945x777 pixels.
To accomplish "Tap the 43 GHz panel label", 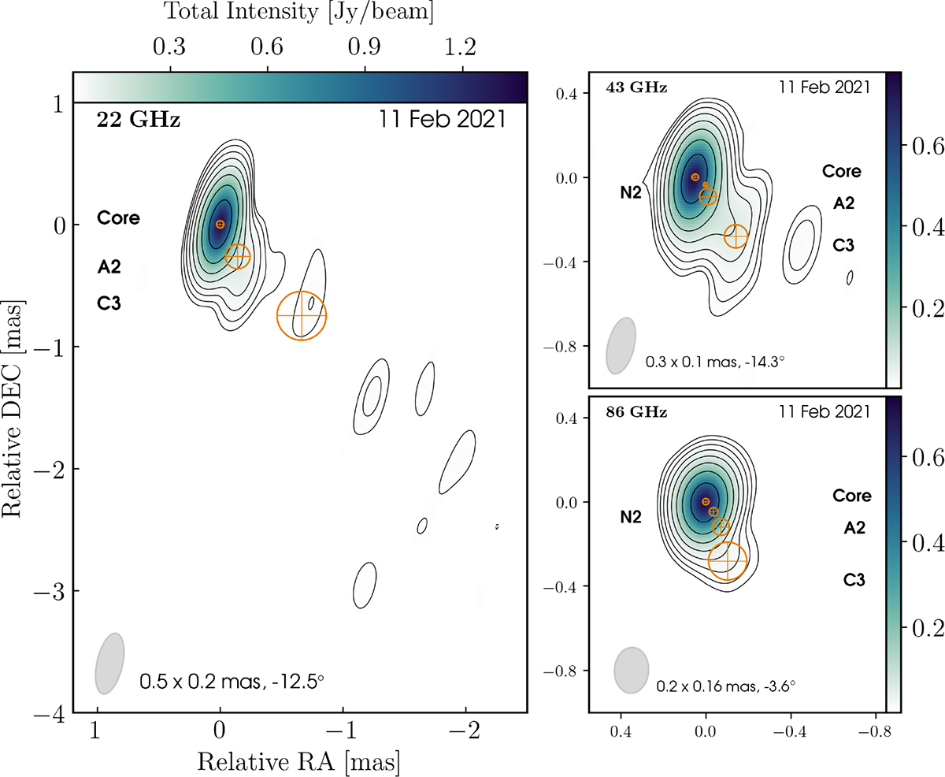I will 636,87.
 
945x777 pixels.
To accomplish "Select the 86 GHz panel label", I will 636,411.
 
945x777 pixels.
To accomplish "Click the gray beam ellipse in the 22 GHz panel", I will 109,664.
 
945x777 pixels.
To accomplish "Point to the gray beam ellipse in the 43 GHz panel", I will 620,346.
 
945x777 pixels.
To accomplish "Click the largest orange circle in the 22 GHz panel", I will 302,315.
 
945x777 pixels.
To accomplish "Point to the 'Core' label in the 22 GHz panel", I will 119,218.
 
